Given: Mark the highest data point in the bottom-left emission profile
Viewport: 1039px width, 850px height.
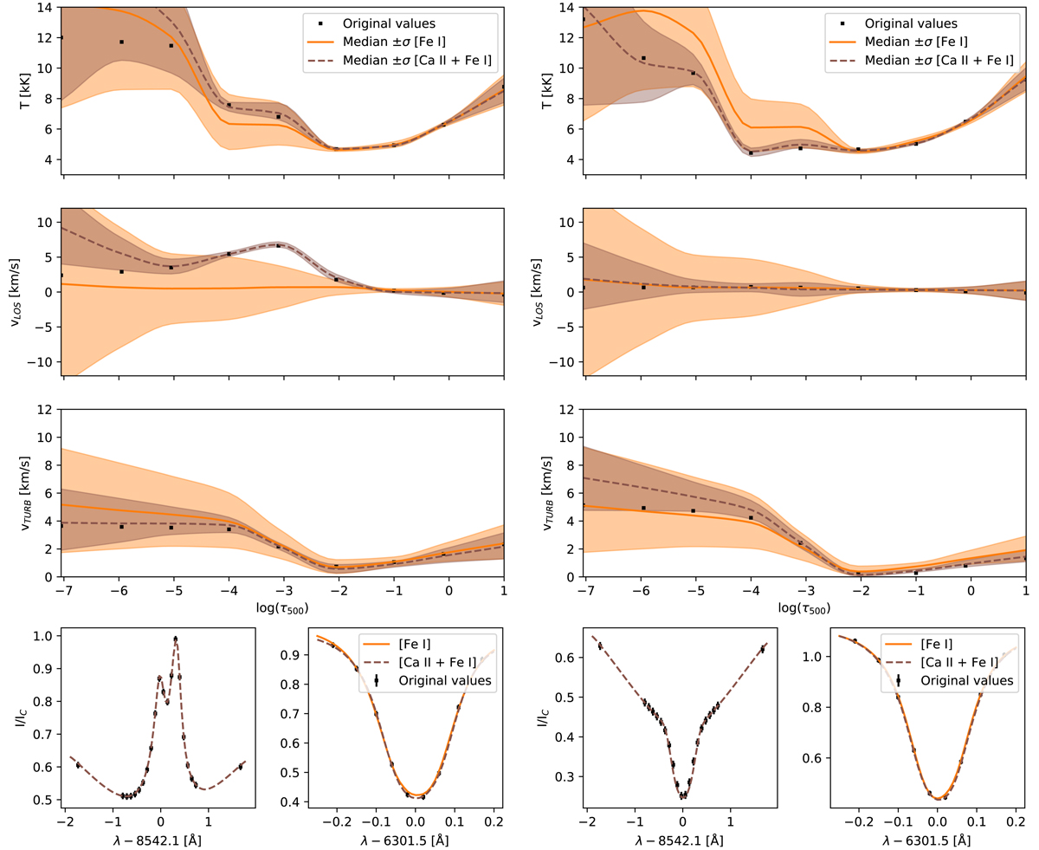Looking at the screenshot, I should [176, 639].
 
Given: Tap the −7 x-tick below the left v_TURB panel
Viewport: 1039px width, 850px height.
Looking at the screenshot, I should [61, 590].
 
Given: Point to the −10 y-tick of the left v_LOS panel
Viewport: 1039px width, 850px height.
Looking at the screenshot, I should [38, 361].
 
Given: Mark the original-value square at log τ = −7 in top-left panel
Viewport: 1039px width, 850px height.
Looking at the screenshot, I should [61, 37].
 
